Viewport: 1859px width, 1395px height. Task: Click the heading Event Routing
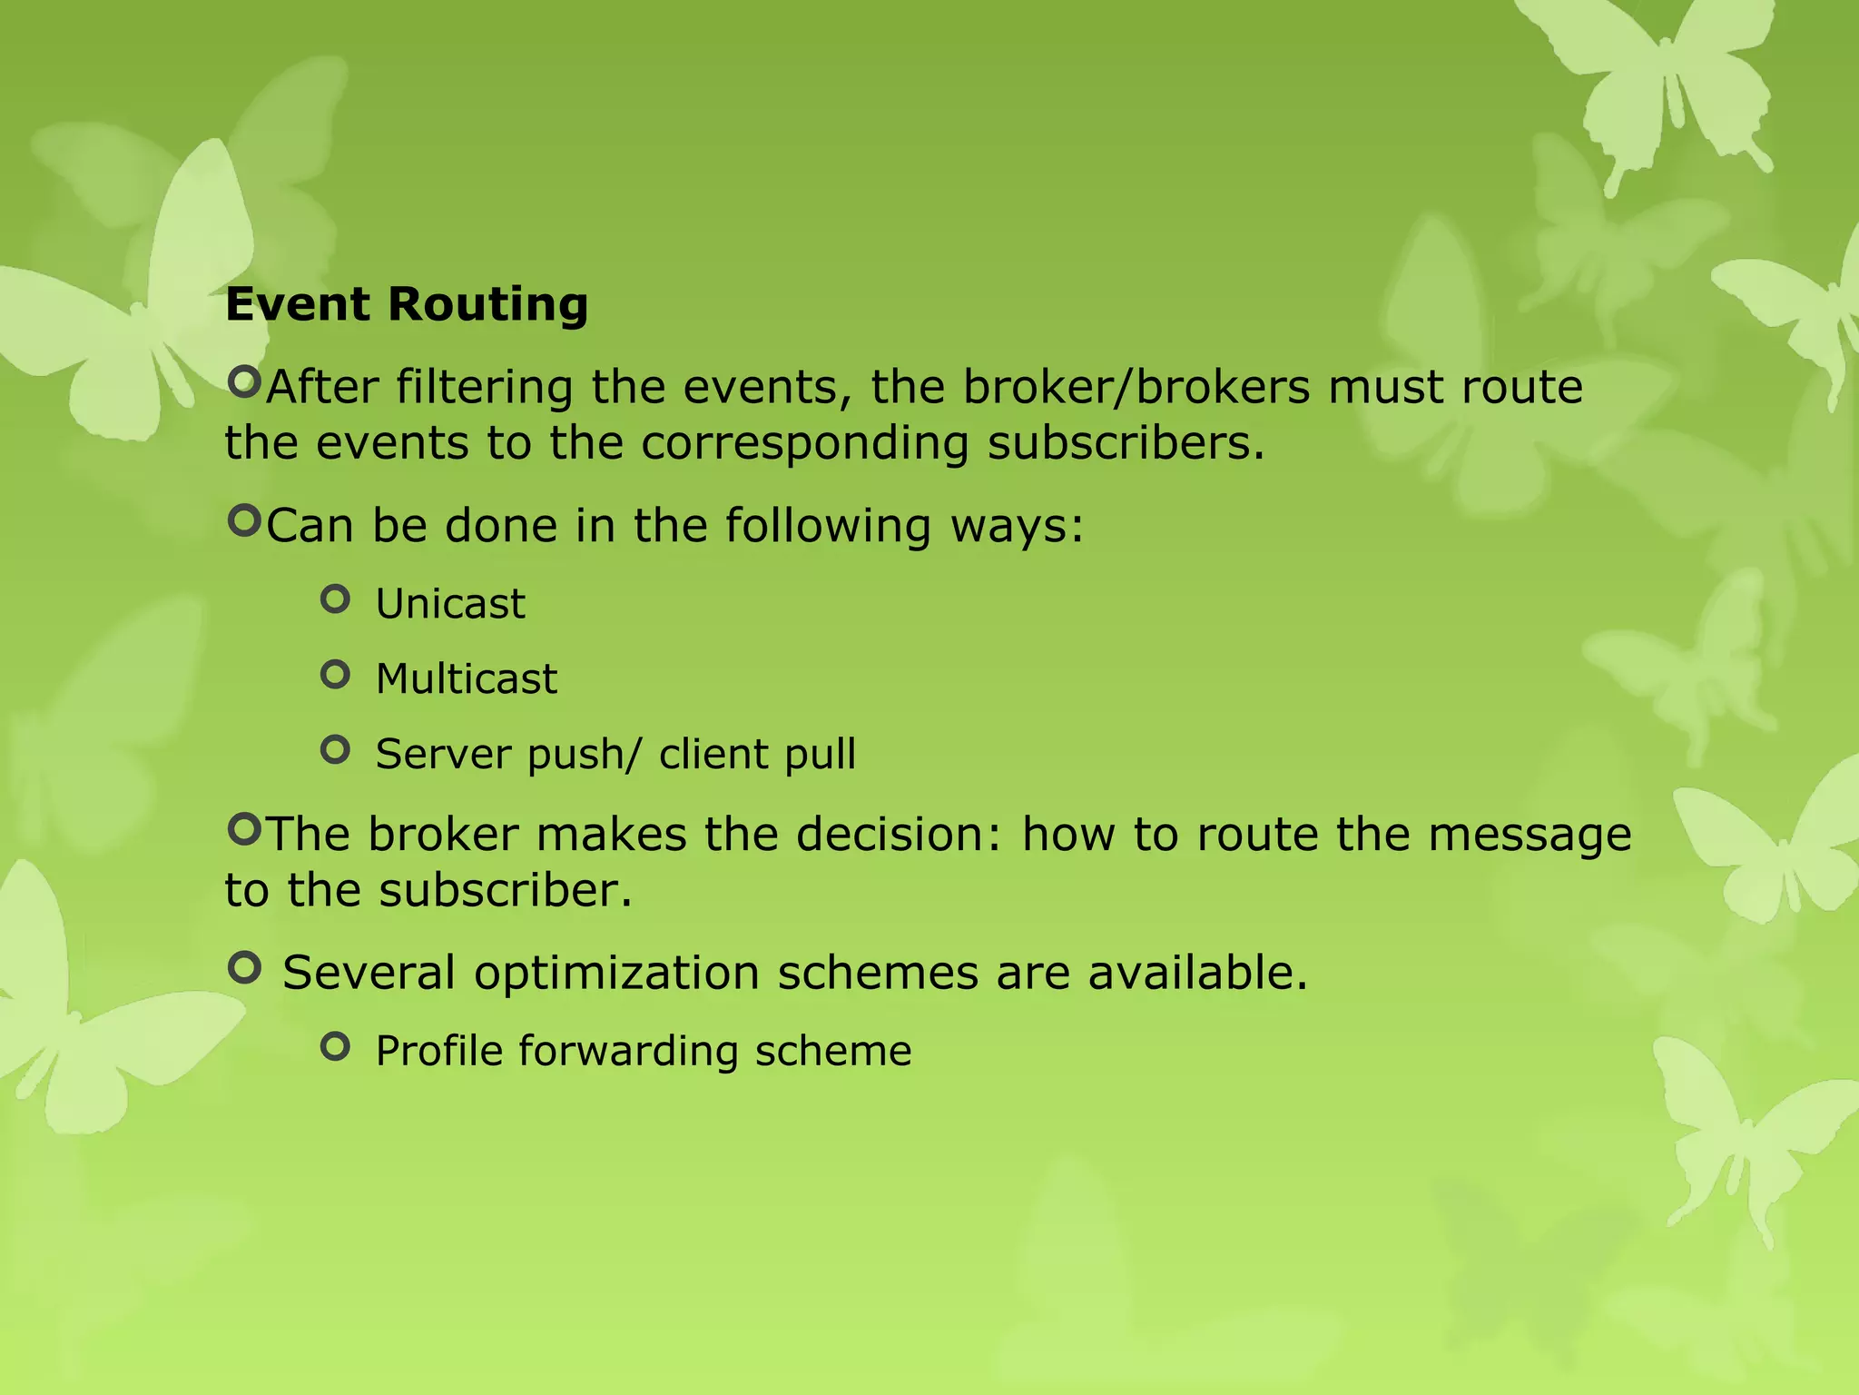pos(407,304)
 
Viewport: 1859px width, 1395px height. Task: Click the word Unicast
pos(450,604)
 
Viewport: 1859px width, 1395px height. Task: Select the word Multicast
pos(466,679)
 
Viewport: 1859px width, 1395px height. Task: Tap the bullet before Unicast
pos(335,599)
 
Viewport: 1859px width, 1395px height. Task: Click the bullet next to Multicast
pos(335,675)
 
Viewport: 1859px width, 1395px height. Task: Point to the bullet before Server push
pos(335,750)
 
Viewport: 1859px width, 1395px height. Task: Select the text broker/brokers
pos(1136,388)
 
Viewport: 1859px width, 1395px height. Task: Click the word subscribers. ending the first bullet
pos(1126,444)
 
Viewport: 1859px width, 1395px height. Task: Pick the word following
pos(828,526)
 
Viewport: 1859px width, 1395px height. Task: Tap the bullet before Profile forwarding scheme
pos(335,1047)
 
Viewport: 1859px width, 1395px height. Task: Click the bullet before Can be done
pos(243,521)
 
